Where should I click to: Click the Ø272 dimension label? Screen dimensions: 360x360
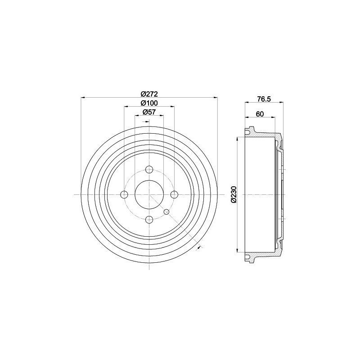149,94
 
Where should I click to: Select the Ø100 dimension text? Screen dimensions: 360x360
149,103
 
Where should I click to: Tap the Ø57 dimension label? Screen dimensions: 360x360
149,112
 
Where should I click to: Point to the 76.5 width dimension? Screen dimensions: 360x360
264,99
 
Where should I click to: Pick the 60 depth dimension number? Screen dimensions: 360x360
260,114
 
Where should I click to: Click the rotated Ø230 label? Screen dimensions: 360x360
234,194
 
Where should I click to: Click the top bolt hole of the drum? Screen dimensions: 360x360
149,170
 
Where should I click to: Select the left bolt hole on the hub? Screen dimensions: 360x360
124,195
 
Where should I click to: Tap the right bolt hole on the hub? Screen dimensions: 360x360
174,195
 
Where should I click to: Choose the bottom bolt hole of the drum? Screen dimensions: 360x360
149,220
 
